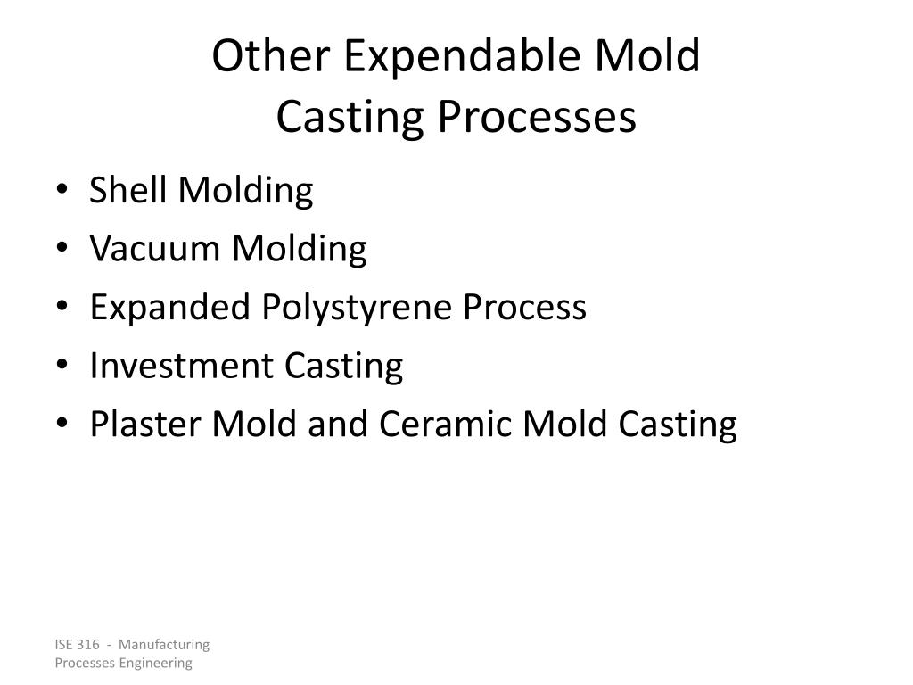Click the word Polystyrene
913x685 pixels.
pos(357,308)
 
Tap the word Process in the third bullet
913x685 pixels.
pos(523,308)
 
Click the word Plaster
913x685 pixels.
pos(145,425)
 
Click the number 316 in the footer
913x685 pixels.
pos(86,644)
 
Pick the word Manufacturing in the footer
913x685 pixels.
pos(164,644)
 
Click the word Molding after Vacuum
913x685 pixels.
pos(300,249)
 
